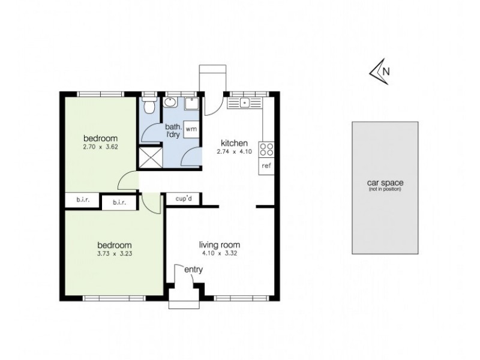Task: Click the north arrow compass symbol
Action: pos(379,71)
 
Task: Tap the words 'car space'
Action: pos(385,184)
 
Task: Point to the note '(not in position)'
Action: pos(385,190)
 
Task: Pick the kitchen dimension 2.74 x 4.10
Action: pos(233,151)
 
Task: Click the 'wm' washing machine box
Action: pos(190,128)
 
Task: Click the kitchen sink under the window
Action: pos(245,103)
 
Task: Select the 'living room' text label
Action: pos(220,244)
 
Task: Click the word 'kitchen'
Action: pos(234,143)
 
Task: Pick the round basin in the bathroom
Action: pos(171,103)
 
